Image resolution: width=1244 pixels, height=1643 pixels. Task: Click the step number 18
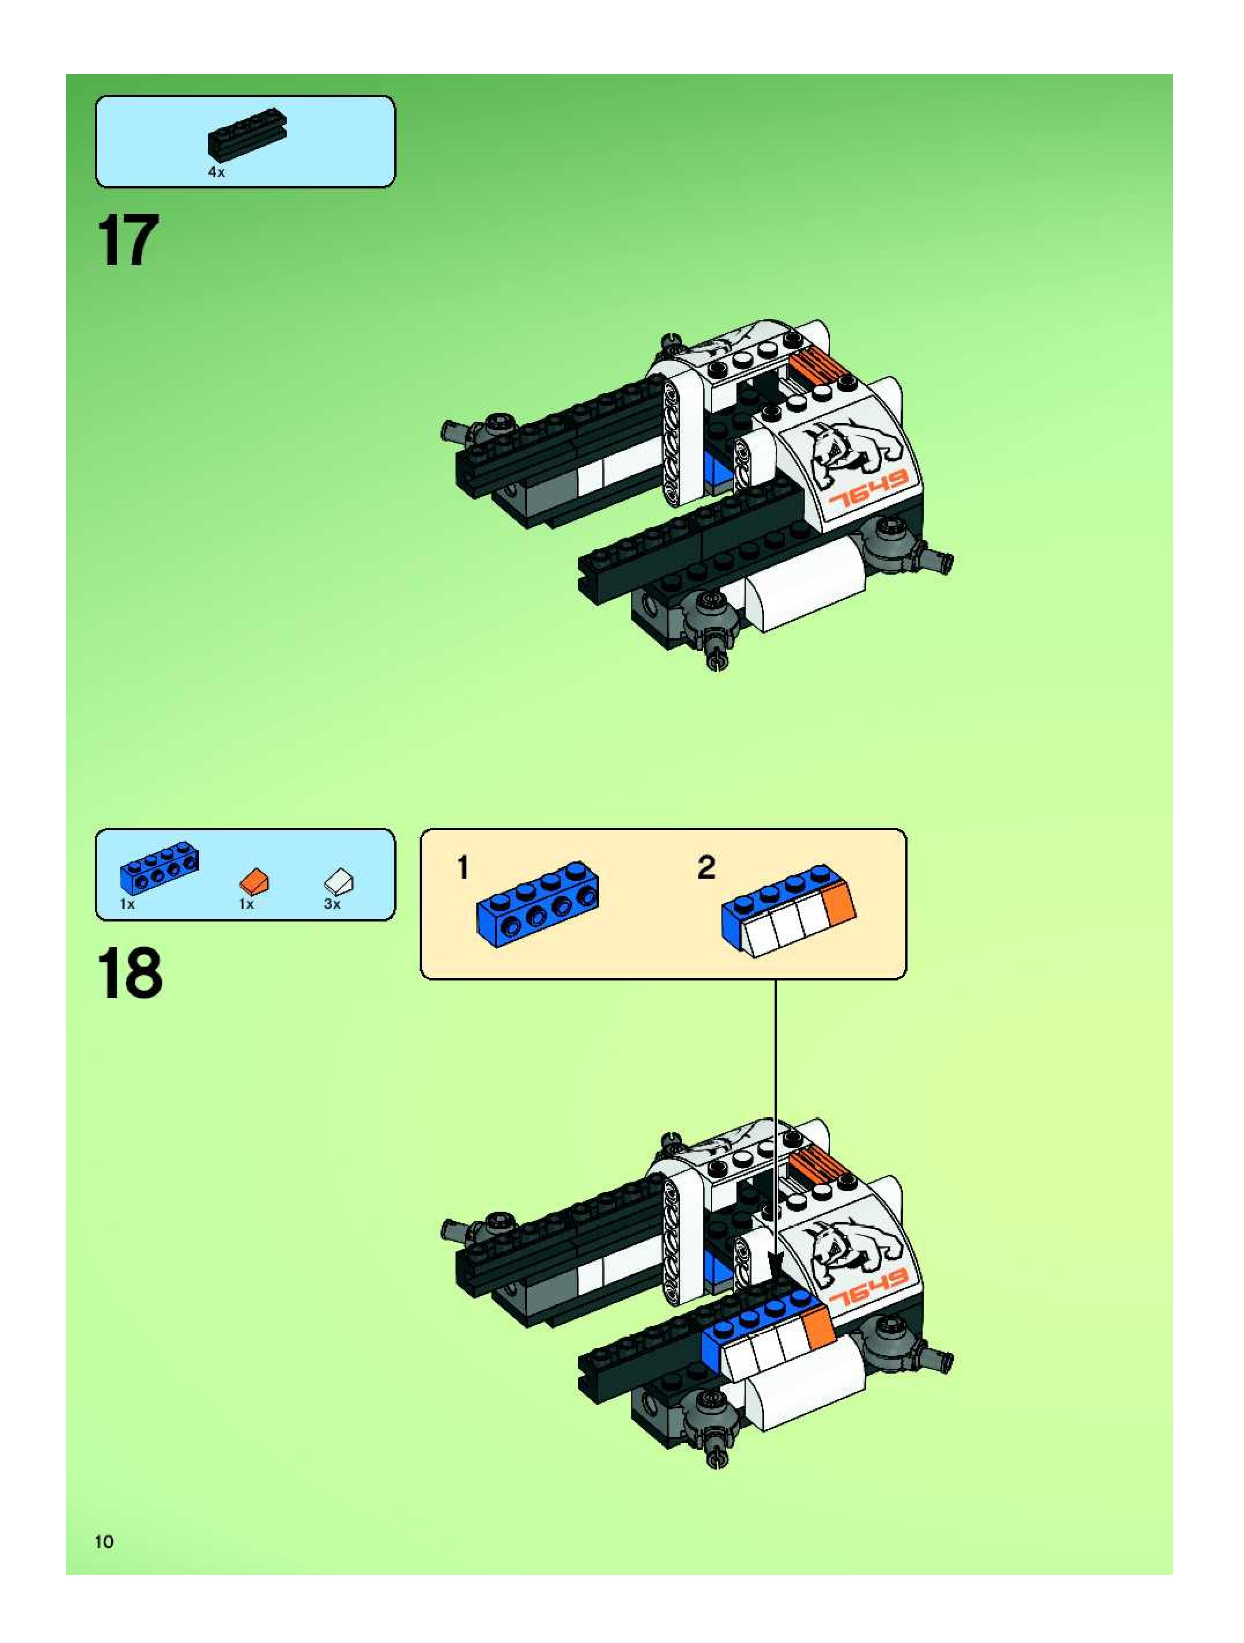(x=129, y=974)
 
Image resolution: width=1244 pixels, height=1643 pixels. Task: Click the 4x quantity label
(x=216, y=172)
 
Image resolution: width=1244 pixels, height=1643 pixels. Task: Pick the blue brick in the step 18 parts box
(x=160, y=868)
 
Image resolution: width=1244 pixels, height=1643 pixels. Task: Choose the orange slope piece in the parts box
(x=254, y=881)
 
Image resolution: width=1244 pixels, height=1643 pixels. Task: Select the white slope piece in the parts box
(x=339, y=881)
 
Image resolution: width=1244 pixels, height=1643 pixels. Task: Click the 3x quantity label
(x=332, y=904)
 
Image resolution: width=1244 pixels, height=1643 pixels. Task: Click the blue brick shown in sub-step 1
(x=538, y=905)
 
